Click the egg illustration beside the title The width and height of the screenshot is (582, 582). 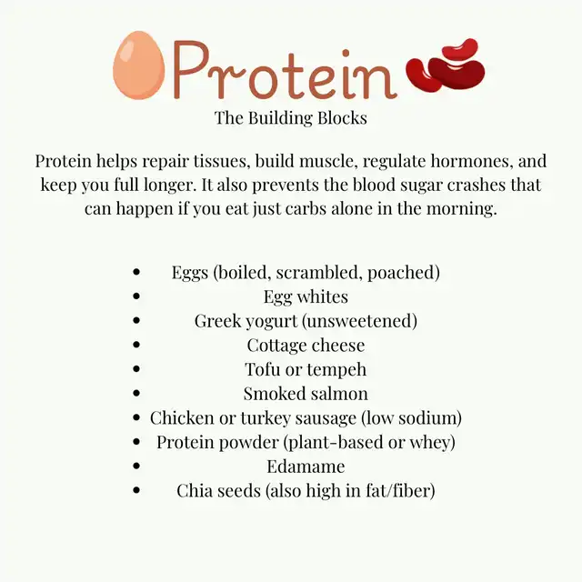(x=139, y=65)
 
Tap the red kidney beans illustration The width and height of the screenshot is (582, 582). (x=446, y=65)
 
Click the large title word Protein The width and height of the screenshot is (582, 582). (x=285, y=71)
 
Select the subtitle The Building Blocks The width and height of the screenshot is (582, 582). (x=291, y=118)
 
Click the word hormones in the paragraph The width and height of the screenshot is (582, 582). (x=472, y=161)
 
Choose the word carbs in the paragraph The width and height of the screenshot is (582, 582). (x=306, y=208)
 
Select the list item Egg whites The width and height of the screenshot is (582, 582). (x=306, y=297)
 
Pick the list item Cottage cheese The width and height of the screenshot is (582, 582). (x=306, y=346)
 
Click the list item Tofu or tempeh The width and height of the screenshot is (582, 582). (x=306, y=370)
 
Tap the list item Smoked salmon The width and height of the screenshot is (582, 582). (x=306, y=394)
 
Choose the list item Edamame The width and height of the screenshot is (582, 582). (x=306, y=467)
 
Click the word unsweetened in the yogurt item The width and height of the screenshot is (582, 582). (x=360, y=321)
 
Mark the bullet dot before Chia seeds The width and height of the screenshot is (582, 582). (x=136, y=490)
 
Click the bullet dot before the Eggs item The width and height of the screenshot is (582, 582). (x=136, y=272)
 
